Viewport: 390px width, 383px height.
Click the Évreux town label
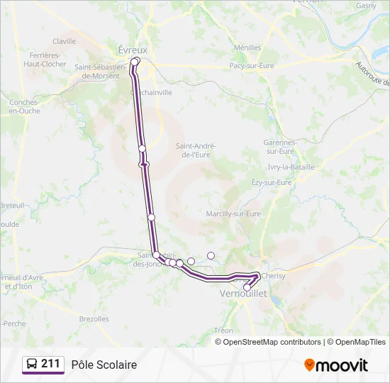(133, 50)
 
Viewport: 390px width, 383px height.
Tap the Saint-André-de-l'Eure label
(196, 150)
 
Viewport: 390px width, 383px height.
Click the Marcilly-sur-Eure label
(233, 213)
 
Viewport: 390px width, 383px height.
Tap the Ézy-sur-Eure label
(272, 182)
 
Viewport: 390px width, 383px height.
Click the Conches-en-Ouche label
(24, 106)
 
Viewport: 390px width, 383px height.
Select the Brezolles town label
(94, 319)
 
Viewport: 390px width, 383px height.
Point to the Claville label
(64, 41)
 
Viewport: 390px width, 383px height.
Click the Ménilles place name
(247, 48)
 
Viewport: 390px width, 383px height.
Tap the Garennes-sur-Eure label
(279, 146)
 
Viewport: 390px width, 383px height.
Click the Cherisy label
(273, 275)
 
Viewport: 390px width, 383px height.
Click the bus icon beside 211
(32, 365)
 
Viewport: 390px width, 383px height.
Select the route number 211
(50, 364)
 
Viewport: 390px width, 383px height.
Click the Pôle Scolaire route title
(104, 365)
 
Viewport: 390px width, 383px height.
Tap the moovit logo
(336, 365)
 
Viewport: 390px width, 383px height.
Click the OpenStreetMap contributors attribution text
(272, 342)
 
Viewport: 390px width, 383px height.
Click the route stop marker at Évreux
(135, 62)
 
